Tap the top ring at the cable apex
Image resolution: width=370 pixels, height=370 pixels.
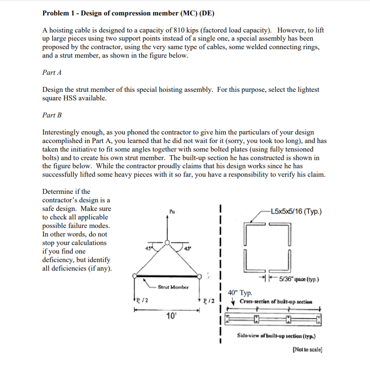167,243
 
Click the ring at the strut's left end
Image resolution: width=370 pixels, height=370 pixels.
135,277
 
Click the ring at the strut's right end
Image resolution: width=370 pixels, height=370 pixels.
199,277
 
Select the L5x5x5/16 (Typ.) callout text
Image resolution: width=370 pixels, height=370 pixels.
296,212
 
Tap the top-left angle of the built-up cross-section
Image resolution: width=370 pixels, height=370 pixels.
253,233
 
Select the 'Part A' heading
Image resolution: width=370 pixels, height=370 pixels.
52,72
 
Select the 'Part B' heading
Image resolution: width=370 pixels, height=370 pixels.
52,115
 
